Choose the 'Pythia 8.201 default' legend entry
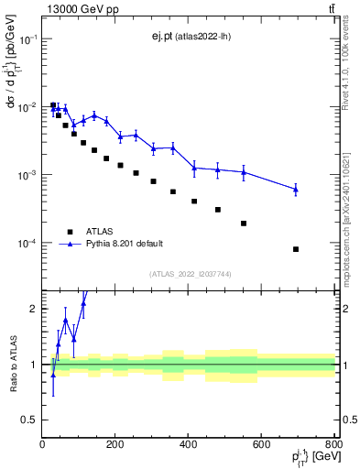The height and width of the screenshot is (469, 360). click(x=126, y=244)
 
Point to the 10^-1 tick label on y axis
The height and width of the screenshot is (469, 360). click(x=27, y=39)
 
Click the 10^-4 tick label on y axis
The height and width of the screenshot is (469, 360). click(x=27, y=244)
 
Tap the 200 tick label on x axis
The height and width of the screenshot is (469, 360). click(x=115, y=445)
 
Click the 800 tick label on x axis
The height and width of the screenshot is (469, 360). click(x=334, y=445)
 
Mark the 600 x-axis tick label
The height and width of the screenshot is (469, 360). click(x=261, y=445)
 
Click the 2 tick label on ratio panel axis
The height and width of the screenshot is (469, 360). click(x=33, y=309)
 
